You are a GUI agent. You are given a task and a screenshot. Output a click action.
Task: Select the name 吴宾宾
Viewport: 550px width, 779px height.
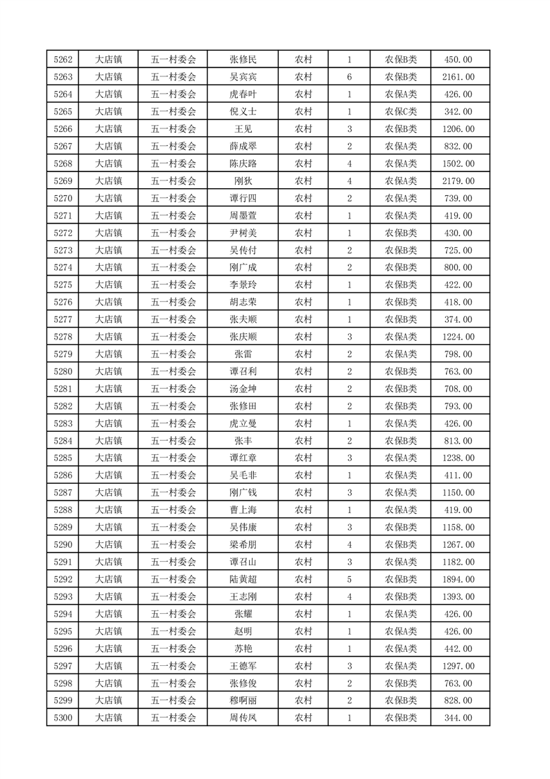pyautogui.click(x=243, y=77)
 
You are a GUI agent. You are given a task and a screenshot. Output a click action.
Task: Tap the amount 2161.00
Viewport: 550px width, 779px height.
pyautogui.click(x=458, y=77)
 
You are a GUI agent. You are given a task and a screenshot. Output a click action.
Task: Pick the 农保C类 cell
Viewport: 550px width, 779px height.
pyautogui.click(x=401, y=112)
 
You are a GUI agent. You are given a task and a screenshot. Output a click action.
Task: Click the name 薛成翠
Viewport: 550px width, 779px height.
pyautogui.click(x=243, y=146)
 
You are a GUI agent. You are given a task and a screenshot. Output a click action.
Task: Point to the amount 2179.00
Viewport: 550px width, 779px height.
pyautogui.click(x=458, y=181)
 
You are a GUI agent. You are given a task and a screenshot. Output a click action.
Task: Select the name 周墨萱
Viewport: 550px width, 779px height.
pyautogui.click(x=243, y=216)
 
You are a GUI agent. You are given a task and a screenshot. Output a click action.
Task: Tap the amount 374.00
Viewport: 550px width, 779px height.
pyautogui.click(x=458, y=319)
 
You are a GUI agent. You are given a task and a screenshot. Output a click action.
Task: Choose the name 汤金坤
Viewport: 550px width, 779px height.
pyautogui.click(x=243, y=389)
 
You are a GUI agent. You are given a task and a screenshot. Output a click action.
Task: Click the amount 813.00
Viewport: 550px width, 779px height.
pyautogui.click(x=458, y=441)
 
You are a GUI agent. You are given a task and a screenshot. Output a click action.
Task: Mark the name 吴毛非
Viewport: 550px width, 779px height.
pyautogui.click(x=243, y=476)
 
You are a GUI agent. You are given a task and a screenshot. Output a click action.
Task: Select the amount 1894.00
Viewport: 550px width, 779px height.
pyautogui.click(x=458, y=579)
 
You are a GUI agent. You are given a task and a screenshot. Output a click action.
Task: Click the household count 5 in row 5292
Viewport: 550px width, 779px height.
pyautogui.click(x=349, y=579)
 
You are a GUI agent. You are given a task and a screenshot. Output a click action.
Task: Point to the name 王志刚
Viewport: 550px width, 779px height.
pyautogui.click(x=243, y=596)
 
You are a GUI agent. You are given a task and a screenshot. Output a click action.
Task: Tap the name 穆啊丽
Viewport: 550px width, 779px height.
pyautogui.click(x=243, y=701)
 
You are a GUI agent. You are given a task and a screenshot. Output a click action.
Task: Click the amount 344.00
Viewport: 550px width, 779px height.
pyautogui.click(x=458, y=718)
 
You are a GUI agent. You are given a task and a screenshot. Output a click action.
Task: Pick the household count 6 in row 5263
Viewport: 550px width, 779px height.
pyautogui.click(x=349, y=77)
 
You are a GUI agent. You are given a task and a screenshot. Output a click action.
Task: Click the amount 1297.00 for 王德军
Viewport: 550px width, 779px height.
pyautogui.click(x=458, y=666)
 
